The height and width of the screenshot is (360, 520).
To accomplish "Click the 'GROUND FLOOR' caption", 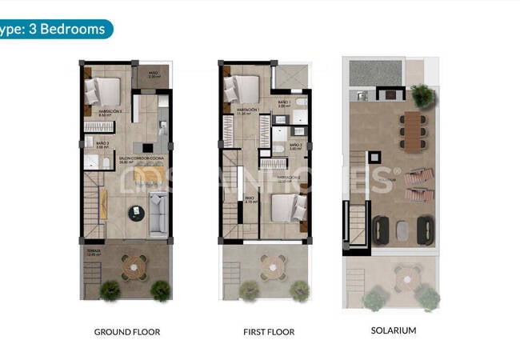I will coord(126,331).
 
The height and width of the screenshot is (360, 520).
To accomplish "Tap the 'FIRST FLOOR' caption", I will coord(268,331).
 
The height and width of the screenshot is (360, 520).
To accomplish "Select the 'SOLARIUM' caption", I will coord(393,330).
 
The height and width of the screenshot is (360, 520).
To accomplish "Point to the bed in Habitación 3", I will coord(101,90).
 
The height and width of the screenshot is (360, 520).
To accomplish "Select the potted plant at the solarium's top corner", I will coord(423,97).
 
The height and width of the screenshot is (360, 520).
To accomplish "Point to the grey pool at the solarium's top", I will coord(375,73).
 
